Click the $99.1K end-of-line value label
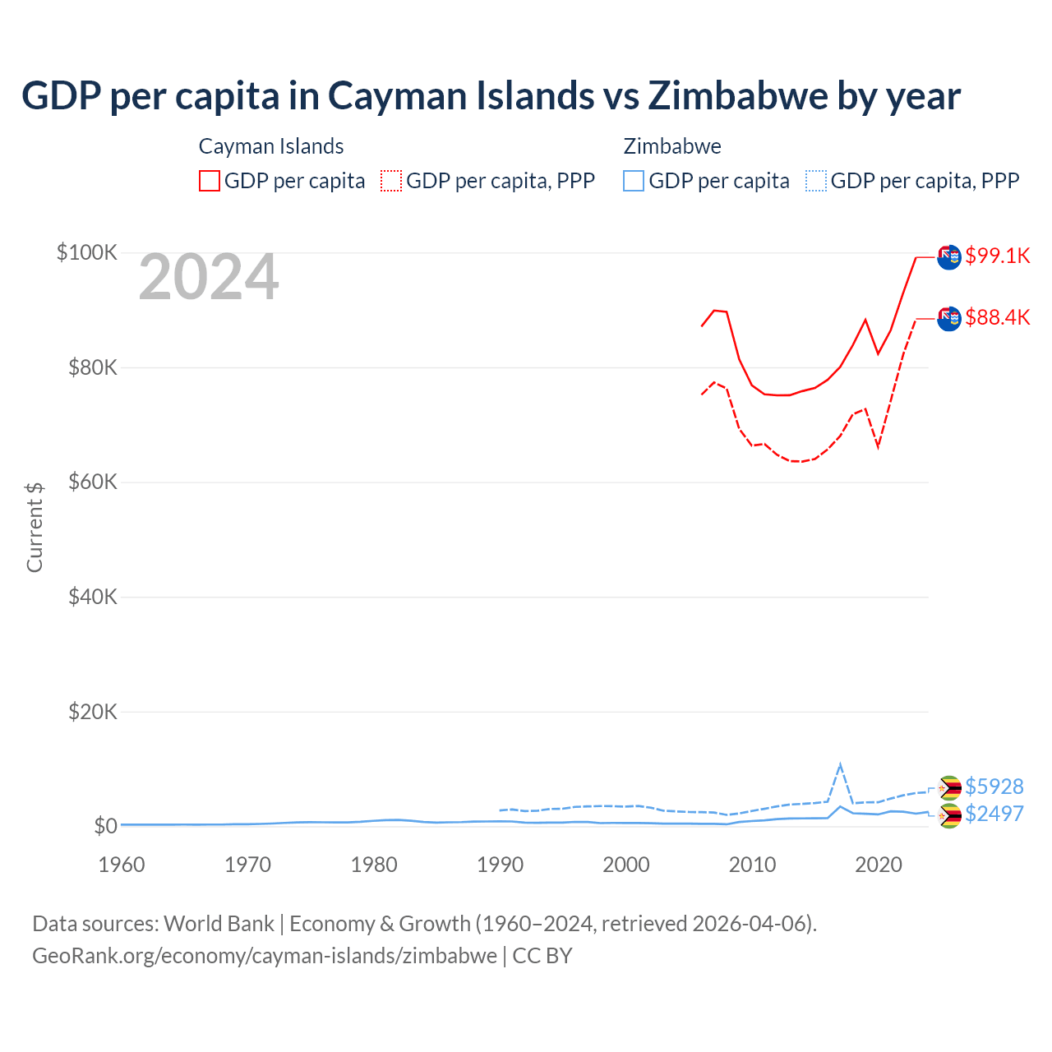997,256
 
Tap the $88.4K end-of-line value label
997,317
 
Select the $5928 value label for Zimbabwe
994,787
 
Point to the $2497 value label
994,814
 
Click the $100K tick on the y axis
87,252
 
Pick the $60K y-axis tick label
93,482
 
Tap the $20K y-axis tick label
93,712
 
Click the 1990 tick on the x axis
500,865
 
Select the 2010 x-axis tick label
752,865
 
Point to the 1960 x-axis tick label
122,865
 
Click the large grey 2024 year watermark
209,278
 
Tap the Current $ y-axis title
35,527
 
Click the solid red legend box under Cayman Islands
210,181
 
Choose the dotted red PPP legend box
391,181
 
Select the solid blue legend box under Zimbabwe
634,181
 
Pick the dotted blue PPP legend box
816,181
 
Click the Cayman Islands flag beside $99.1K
949,257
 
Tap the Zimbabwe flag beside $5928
949,788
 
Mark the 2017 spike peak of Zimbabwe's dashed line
840,765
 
